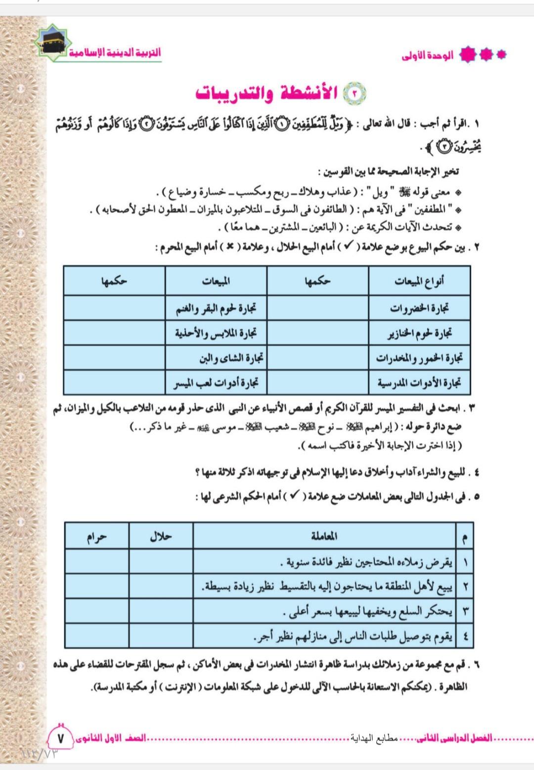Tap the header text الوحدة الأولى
pyautogui.click(x=427, y=56)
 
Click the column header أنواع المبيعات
pyautogui.click(x=419, y=281)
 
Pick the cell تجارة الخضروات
pyautogui.click(x=419, y=308)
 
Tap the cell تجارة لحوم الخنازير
pyautogui.click(x=419, y=333)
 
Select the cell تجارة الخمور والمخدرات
pyautogui.click(x=419, y=358)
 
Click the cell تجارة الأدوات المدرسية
pyautogui.click(x=419, y=383)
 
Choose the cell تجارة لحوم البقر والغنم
pyautogui.click(x=216, y=308)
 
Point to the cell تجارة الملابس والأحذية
pyautogui.click(x=216, y=333)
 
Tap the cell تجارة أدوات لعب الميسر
pyautogui.click(x=216, y=383)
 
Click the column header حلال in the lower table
pyautogui.click(x=161, y=536)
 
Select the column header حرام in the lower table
pyautogui.click(x=96, y=536)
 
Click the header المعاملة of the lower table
pyautogui.click(x=324, y=536)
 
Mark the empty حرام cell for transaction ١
pyautogui.click(x=96, y=561)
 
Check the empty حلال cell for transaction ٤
pyautogui.click(x=161, y=636)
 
